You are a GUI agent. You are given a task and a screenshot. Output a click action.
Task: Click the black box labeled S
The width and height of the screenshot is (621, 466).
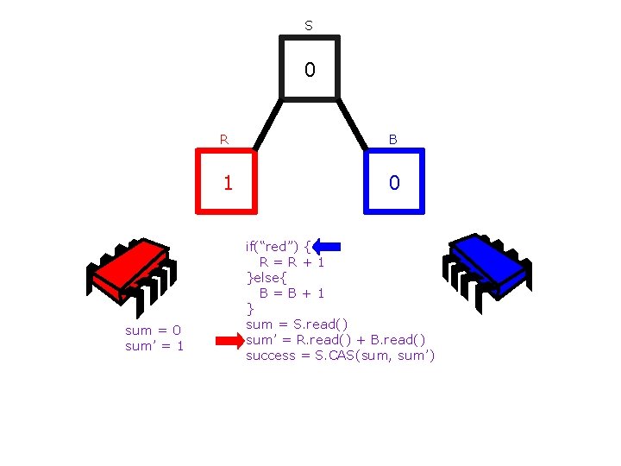(x=310, y=68)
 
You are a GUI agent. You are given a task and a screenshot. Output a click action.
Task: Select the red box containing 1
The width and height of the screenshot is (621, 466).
(x=228, y=181)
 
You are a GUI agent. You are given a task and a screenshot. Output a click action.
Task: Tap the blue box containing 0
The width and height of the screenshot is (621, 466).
(x=394, y=181)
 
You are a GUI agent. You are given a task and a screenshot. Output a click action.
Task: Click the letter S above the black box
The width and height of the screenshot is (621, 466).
(x=309, y=26)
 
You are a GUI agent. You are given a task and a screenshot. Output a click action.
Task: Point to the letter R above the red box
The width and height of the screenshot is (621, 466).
(x=224, y=138)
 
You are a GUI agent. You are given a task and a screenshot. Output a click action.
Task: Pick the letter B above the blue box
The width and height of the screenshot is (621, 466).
(x=392, y=138)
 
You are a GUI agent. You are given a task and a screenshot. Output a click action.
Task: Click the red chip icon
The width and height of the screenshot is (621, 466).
(x=131, y=271)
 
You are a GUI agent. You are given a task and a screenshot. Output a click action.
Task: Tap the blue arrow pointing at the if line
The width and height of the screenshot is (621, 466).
(x=328, y=247)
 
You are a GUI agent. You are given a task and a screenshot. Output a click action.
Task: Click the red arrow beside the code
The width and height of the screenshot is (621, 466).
(x=229, y=341)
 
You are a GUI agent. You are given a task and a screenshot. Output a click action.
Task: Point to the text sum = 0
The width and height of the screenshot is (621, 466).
(x=153, y=330)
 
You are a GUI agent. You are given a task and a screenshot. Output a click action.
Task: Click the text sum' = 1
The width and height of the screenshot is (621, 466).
(x=154, y=346)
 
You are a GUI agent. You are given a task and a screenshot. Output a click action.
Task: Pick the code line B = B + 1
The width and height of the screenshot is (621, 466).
(x=292, y=293)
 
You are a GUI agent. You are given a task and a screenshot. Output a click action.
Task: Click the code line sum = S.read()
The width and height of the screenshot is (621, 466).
(x=297, y=324)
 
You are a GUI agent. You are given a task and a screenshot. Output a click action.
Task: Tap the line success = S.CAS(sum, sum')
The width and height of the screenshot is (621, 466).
(x=340, y=356)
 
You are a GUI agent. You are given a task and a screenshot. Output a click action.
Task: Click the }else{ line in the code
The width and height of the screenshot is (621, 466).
(x=268, y=277)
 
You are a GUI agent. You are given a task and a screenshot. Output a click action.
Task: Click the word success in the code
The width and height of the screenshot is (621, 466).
(x=271, y=356)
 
